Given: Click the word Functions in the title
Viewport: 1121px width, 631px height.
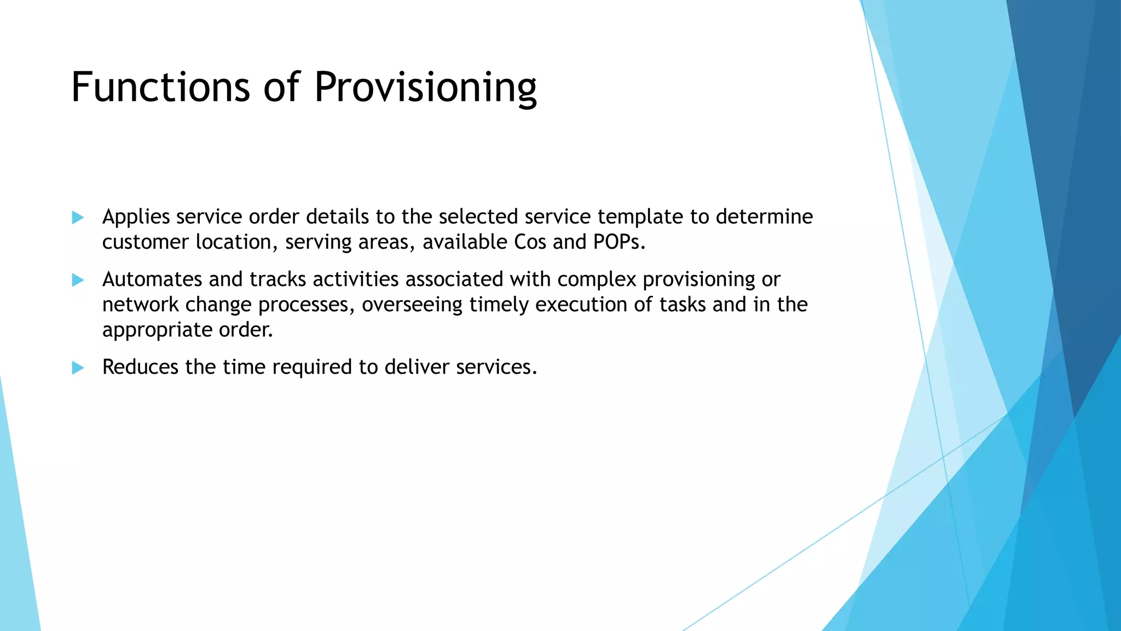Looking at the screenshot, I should (160, 87).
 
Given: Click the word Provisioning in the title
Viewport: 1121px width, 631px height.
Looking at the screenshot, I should (425, 88).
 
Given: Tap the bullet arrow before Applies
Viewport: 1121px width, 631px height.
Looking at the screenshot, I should (78, 217).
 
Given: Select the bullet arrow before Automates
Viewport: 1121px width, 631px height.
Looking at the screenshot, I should (78, 280).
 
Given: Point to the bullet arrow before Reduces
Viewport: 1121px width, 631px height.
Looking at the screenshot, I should (78, 368).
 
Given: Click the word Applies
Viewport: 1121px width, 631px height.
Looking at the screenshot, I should (136, 217).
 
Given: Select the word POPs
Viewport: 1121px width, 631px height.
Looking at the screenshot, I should (619, 242).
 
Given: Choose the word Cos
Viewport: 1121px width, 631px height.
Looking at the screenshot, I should (530, 242).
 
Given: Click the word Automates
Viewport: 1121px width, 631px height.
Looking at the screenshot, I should (152, 279).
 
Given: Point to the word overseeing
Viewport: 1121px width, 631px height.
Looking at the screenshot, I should (412, 305).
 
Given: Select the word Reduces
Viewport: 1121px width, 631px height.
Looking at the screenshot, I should (140, 367).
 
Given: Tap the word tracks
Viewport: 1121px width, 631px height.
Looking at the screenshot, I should (278, 279).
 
